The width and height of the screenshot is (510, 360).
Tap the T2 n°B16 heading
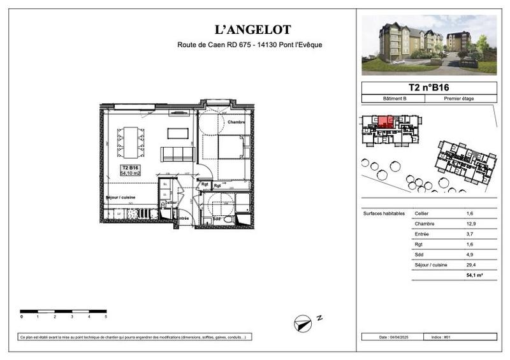(x=428, y=87)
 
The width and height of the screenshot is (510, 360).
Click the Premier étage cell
(x=462, y=99)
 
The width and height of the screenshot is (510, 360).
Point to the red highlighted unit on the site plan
(x=384, y=121)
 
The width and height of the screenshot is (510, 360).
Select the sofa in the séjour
(x=177, y=154)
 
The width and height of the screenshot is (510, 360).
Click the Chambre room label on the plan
(x=236, y=122)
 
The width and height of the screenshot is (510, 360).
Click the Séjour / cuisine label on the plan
(x=120, y=198)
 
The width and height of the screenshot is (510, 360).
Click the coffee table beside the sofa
(x=178, y=133)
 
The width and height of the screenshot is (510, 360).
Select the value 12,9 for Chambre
(x=470, y=224)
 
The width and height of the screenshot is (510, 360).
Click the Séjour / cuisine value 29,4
(x=470, y=264)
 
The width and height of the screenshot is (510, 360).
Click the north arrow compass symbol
(x=302, y=323)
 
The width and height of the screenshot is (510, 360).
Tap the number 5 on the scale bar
(x=106, y=317)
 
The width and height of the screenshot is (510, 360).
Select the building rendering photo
(x=428, y=45)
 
